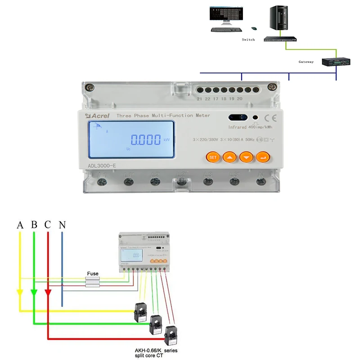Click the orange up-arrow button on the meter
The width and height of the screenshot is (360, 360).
[230, 157]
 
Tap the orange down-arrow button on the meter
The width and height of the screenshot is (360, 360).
[246, 157]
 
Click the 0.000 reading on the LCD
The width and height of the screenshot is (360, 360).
[143, 140]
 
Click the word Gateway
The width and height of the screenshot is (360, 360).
[306, 62]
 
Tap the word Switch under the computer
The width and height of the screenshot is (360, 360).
[248, 40]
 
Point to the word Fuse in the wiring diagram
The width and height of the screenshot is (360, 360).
[93, 273]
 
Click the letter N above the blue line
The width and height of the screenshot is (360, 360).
[62, 225]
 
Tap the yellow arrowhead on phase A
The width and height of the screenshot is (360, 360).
[20, 292]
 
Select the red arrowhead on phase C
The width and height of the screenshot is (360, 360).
[48, 292]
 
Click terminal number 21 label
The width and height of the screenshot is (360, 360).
[200, 98]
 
